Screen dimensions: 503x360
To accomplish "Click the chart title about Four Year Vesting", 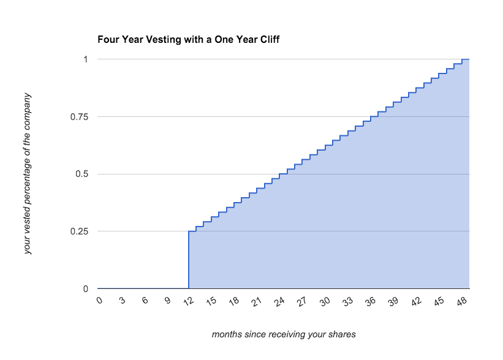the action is (188, 39).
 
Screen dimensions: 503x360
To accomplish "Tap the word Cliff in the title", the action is (270, 39).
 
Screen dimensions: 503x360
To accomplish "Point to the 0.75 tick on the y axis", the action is (79, 117).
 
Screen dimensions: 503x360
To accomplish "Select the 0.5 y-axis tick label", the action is (82, 174).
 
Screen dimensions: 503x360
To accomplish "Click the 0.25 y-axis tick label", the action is (79, 231).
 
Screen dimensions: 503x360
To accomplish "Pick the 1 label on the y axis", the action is (86, 59).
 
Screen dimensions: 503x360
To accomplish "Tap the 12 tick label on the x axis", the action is (189, 301).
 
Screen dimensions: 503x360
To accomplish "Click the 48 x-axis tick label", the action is (461, 301).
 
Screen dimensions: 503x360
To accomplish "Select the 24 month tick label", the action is (279, 301).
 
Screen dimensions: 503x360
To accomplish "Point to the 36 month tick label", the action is (371, 301).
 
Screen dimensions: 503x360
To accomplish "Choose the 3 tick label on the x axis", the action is (122, 301).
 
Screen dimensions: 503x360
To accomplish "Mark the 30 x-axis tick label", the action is (325, 301).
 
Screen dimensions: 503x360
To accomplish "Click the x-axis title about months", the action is (284, 334).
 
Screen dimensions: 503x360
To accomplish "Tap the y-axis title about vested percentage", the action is (28, 173).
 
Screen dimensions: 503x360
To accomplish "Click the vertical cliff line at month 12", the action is (189, 260).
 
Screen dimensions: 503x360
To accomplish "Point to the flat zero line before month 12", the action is (143, 288).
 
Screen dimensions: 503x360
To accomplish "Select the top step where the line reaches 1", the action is (466, 59).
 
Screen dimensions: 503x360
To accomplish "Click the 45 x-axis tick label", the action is (439, 301).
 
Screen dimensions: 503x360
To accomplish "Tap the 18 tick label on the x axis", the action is (234, 301).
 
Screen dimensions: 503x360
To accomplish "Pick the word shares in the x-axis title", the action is (343, 334).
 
